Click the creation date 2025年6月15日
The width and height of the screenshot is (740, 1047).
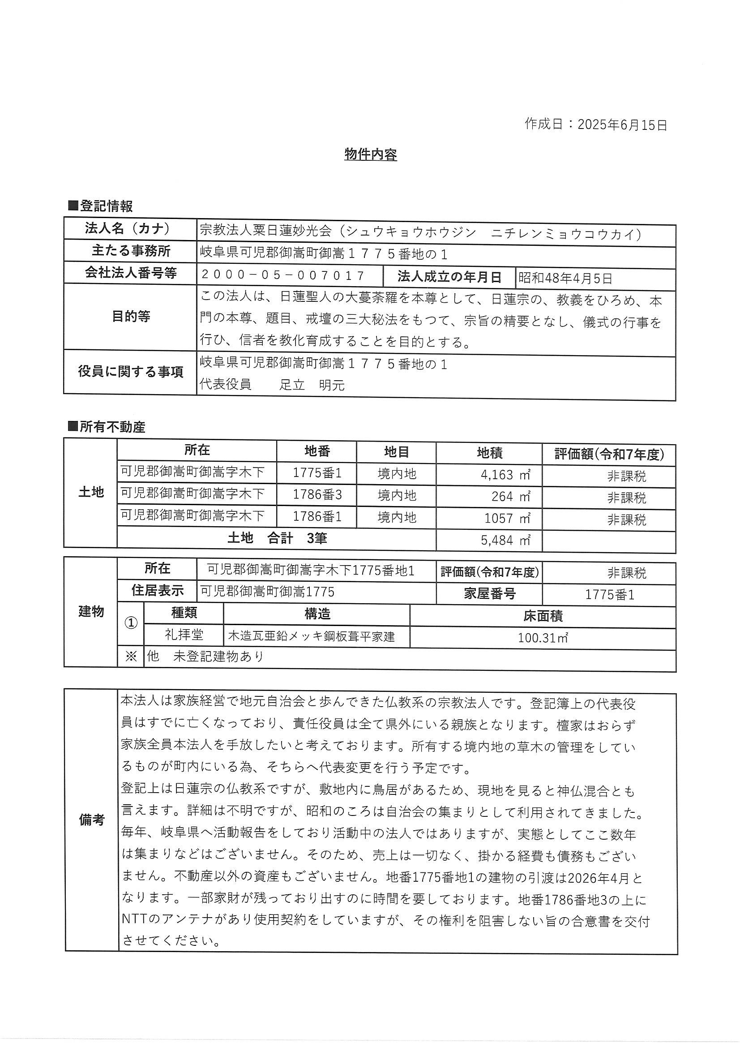click(x=622, y=124)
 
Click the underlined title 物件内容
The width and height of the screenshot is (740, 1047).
click(x=370, y=154)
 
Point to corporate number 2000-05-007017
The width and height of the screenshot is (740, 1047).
click(x=282, y=275)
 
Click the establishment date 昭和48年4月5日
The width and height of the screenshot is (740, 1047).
click(x=565, y=278)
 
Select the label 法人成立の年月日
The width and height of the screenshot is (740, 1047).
click(x=449, y=277)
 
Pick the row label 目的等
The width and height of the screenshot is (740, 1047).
click(x=131, y=317)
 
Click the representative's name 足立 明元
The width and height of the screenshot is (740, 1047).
click(x=312, y=385)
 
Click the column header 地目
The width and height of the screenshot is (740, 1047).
click(x=396, y=452)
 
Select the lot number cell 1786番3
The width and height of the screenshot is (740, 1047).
click(x=317, y=495)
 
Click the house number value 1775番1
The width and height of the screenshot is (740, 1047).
click(x=609, y=595)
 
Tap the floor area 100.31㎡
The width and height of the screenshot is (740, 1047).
click(x=543, y=638)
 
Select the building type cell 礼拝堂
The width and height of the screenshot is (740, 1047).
click(x=184, y=634)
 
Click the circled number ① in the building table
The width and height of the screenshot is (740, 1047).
click(x=131, y=623)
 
